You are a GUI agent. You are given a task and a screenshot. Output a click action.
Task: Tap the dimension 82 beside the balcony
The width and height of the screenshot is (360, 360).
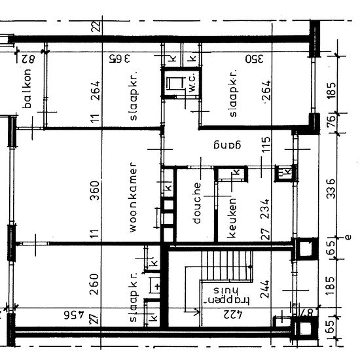coord(26,59)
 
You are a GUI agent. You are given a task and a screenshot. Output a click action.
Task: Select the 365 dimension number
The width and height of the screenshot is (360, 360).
coord(120,59)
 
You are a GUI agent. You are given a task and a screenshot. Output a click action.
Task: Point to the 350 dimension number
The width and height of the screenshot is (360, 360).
coord(254,59)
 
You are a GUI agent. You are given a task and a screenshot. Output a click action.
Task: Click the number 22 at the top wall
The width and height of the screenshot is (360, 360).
coord(96,26)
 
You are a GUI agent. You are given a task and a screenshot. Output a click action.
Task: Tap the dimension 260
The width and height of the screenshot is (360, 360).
coord(95,283)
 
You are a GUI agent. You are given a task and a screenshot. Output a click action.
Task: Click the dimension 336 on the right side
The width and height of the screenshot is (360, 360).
coord(331,190)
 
